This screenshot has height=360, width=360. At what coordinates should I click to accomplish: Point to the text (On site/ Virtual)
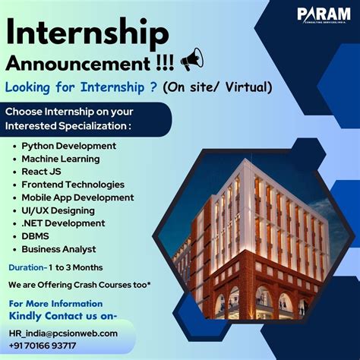click(x=219, y=87)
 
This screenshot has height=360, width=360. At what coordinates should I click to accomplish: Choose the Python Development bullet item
click(x=68, y=145)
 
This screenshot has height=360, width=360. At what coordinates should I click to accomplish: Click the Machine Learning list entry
click(x=60, y=159)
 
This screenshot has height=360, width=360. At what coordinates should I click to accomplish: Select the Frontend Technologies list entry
click(x=73, y=185)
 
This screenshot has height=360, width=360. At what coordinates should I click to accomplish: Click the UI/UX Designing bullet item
click(x=58, y=210)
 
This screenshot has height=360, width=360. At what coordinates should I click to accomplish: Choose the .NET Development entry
click(x=63, y=223)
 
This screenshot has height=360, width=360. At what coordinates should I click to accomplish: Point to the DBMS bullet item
click(x=36, y=236)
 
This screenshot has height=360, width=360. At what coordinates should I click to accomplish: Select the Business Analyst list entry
click(x=58, y=249)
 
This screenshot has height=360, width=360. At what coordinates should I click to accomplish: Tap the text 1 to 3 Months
click(x=77, y=267)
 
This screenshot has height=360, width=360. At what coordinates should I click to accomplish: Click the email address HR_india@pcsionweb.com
click(x=64, y=333)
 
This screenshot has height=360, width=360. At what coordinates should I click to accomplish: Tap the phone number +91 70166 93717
click(x=43, y=346)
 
